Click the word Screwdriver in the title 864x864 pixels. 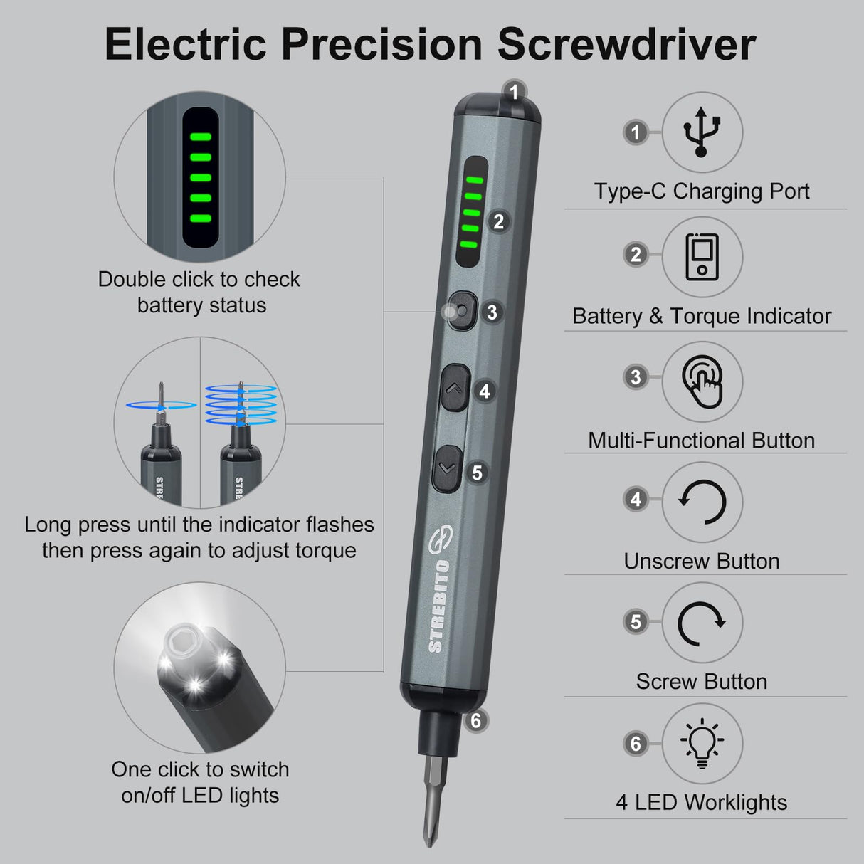pos(626,44)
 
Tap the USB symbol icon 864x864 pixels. pos(702,132)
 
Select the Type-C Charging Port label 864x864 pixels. pos(702,191)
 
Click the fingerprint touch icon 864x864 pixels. pos(702,381)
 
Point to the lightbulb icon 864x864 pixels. pos(702,743)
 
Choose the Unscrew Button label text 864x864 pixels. pos(702,562)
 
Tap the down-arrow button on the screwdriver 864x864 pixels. pos(447,468)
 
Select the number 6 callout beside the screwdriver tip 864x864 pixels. pos(475,721)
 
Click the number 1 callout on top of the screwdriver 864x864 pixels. pos(514,92)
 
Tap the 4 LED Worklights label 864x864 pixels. pos(702,803)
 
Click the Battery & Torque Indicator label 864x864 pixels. pos(702,317)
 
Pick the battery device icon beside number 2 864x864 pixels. pos(702,257)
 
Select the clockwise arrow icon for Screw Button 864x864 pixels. pos(702,623)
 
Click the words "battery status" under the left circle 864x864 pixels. pos(201,305)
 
